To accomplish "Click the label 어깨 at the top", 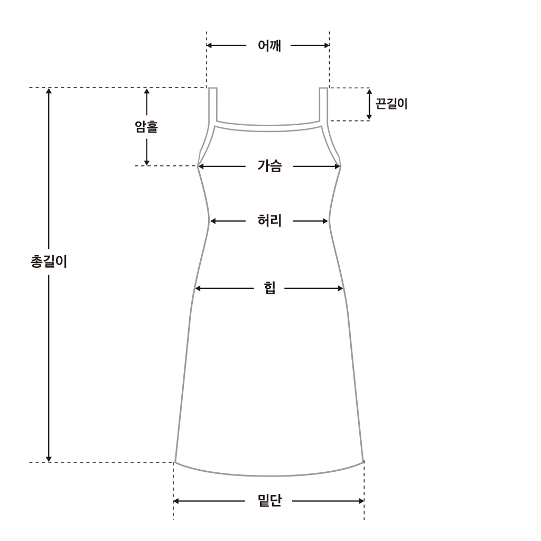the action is click(x=269, y=45).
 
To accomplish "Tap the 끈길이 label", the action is click(x=391, y=104).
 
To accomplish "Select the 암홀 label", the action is click(x=146, y=127).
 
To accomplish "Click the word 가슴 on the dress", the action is click(x=269, y=166).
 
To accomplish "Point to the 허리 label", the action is click(x=269, y=220).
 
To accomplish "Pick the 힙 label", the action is click(x=269, y=288).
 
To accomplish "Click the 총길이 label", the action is click(x=49, y=261).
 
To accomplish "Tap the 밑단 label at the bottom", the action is click(x=269, y=500).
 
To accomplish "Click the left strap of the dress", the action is click(x=213, y=105).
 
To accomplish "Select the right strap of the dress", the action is click(x=323, y=105).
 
